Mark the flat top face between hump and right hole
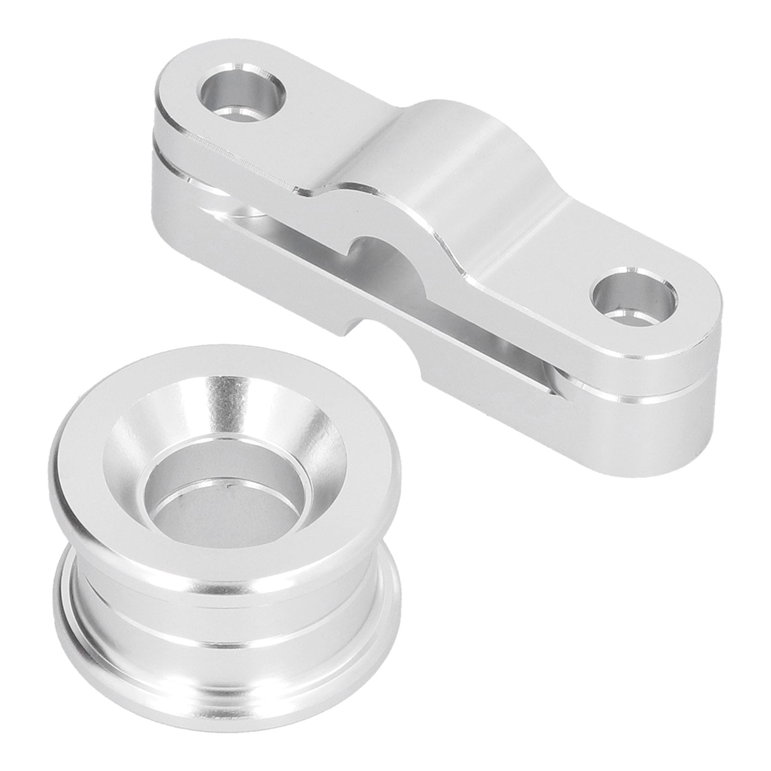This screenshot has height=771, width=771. (x=539, y=250)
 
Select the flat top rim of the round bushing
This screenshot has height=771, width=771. (x=96, y=457)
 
